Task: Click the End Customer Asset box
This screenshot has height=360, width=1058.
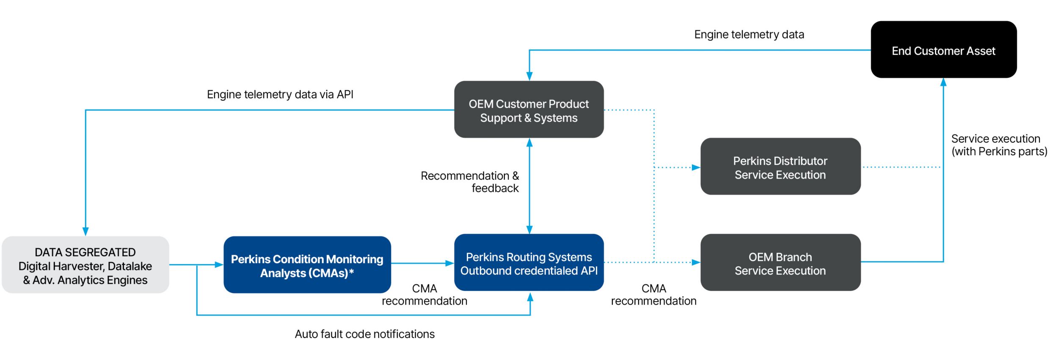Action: coord(943,49)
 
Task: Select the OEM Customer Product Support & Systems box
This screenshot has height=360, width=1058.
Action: coord(529,110)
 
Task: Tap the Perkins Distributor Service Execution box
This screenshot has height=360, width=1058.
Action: coord(780,166)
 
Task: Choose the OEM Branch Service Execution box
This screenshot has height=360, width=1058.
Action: coord(780,262)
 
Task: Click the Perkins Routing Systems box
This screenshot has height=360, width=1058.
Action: coord(529,262)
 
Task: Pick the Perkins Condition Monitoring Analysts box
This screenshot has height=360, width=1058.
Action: coord(307,265)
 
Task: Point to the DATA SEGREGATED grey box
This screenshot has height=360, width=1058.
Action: coord(85,265)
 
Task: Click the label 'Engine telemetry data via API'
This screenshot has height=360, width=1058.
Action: coord(280,94)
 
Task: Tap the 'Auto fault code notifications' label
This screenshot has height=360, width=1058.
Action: coord(364,334)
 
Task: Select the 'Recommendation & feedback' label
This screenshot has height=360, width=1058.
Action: coord(470,182)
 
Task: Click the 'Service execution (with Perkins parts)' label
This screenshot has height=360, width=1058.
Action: coord(999,145)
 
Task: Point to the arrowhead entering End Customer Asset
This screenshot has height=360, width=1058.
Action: coord(943,82)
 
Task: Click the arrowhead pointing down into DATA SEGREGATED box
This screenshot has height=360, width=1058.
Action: coord(85,231)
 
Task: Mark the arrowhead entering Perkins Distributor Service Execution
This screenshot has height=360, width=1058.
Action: coord(696,168)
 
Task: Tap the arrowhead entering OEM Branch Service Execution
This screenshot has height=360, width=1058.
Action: coord(696,262)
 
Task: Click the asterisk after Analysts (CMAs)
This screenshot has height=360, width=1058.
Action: coord(351,272)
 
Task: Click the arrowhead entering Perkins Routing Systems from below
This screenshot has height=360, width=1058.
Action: coord(530,297)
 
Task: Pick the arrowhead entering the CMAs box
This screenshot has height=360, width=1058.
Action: coord(219,265)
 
